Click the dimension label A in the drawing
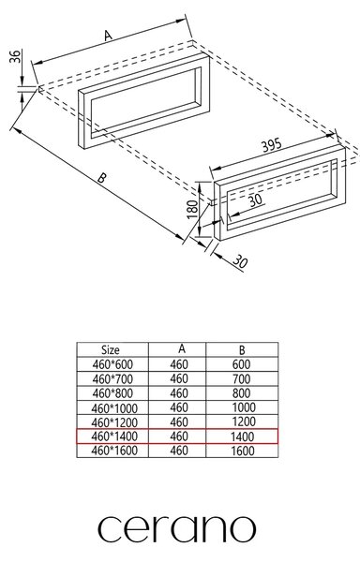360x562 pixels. (x=108, y=35)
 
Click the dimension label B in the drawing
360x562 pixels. (x=102, y=177)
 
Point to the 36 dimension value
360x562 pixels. (x=15, y=56)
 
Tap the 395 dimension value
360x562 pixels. (x=272, y=145)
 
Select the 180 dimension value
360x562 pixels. (x=192, y=209)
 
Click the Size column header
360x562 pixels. (x=110, y=349)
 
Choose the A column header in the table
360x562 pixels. (x=182, y=348)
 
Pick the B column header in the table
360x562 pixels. (x=242, y=349)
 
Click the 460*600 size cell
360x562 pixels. (x=112, y=364)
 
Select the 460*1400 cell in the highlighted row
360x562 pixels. (x=114, y=436)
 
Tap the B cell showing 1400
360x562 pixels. (x=243, y=436)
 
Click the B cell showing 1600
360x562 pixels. (x=243, y=451)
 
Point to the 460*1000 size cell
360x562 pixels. (x=114, y=407)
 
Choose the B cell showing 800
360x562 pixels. (x=241, y=393)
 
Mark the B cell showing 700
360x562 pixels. (x=241, y=378)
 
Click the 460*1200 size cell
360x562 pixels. (x=114, y=422)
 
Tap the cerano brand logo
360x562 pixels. (x=177, y=529)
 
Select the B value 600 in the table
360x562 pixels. (x=241, y=364)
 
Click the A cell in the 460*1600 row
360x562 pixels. (x=179, y=451)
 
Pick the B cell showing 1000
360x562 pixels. (x=244, y=407)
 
